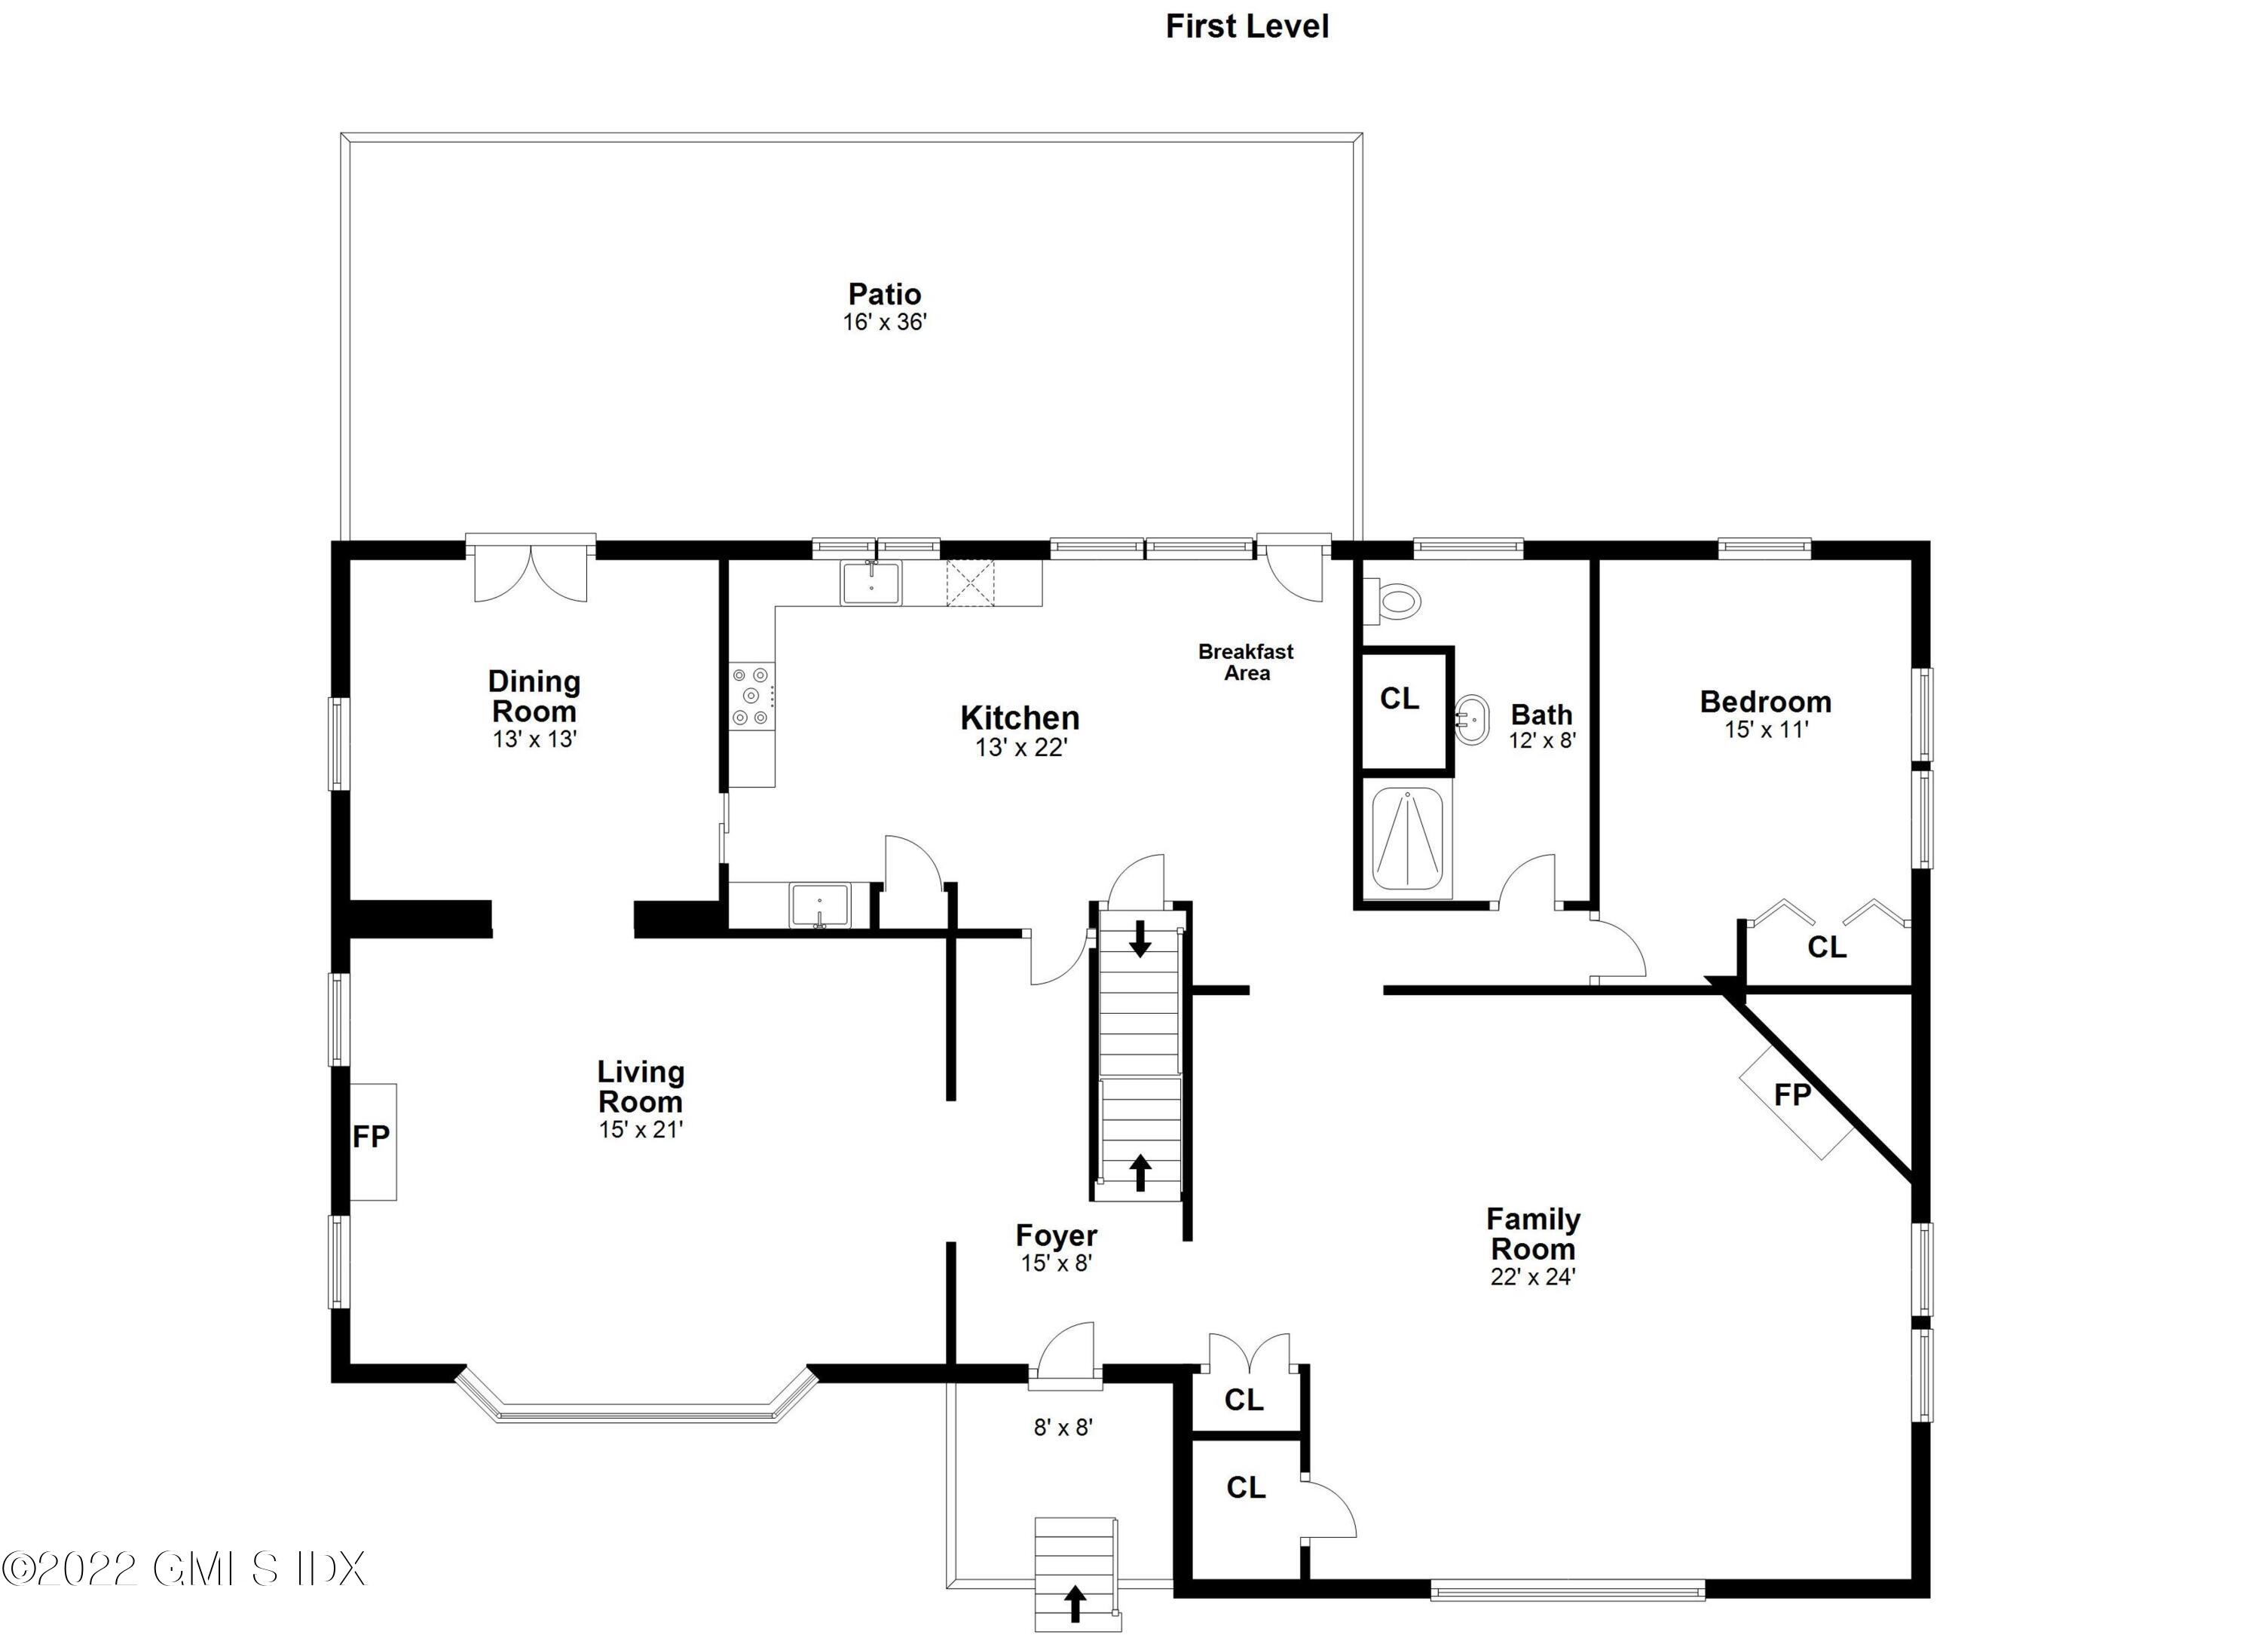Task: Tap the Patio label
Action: click(884, 294)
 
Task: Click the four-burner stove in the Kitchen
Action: click(751, 696)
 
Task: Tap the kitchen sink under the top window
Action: click(870, 583)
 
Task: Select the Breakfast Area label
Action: click(1245, 662)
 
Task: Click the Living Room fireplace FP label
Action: click(371, 1137)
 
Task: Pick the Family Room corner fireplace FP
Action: click(1791, 1094)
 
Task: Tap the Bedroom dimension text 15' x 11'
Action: click(1766, 730)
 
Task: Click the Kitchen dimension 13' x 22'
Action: click(1020, 748)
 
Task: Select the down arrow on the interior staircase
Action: click(1140, 939)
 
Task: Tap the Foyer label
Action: click(1056, 1235)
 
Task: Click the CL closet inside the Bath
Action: click(1399, 699)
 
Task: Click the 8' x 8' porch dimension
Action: click(1063, 1428)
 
